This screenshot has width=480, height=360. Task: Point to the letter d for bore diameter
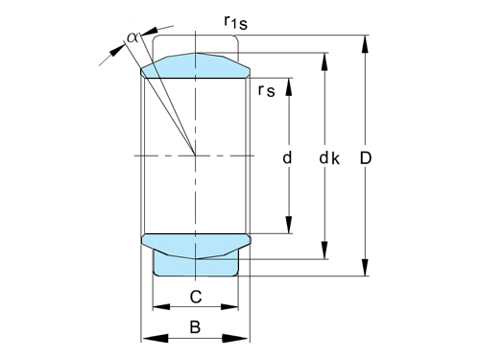tap(286, 156)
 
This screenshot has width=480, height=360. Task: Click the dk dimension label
tap(328, 156)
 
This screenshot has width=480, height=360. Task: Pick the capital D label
tap(366, 156)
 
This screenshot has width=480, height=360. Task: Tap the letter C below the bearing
tap(195, 295)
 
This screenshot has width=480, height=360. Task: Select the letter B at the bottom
tap(195, 326)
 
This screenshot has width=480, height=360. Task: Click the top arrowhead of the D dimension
tap(366, 41)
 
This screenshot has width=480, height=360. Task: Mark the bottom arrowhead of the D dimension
tap(366, 272)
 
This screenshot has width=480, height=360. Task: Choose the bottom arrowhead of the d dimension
tap(287, 228)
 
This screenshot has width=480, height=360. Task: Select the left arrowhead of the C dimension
tap(159, 308)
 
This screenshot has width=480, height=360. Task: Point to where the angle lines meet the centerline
tap(196, 156)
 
